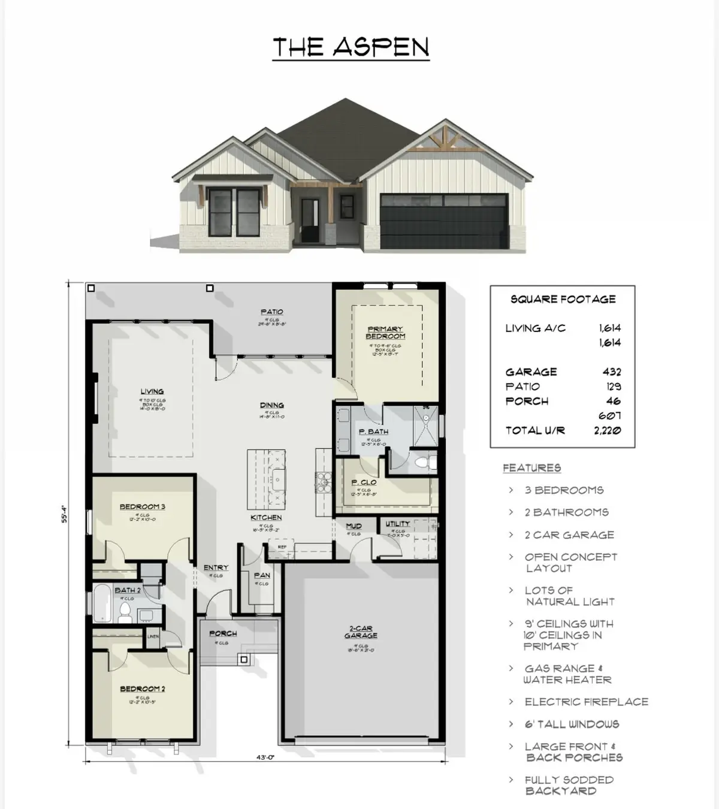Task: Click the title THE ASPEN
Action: (351, 47)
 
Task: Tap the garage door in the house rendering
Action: (444, 221)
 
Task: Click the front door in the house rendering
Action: (310, 220)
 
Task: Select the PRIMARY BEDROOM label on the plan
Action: (385, 333)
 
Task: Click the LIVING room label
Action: (152, 391)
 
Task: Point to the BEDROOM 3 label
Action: (142, 506)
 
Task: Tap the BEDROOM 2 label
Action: (142, 689)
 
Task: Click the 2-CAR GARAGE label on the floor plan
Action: (361, 632)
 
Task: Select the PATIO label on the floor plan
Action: (272, 312)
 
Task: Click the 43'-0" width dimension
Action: (265, 757)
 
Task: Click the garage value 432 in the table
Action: (612, 372)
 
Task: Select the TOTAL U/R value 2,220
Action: (607, 430)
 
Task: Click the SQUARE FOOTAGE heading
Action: (563, 299)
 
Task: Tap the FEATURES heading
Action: (531, 468)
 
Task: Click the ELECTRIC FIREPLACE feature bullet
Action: (586, 702)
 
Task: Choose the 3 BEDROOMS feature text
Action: (564, 490)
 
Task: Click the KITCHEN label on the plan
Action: (266, 517)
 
